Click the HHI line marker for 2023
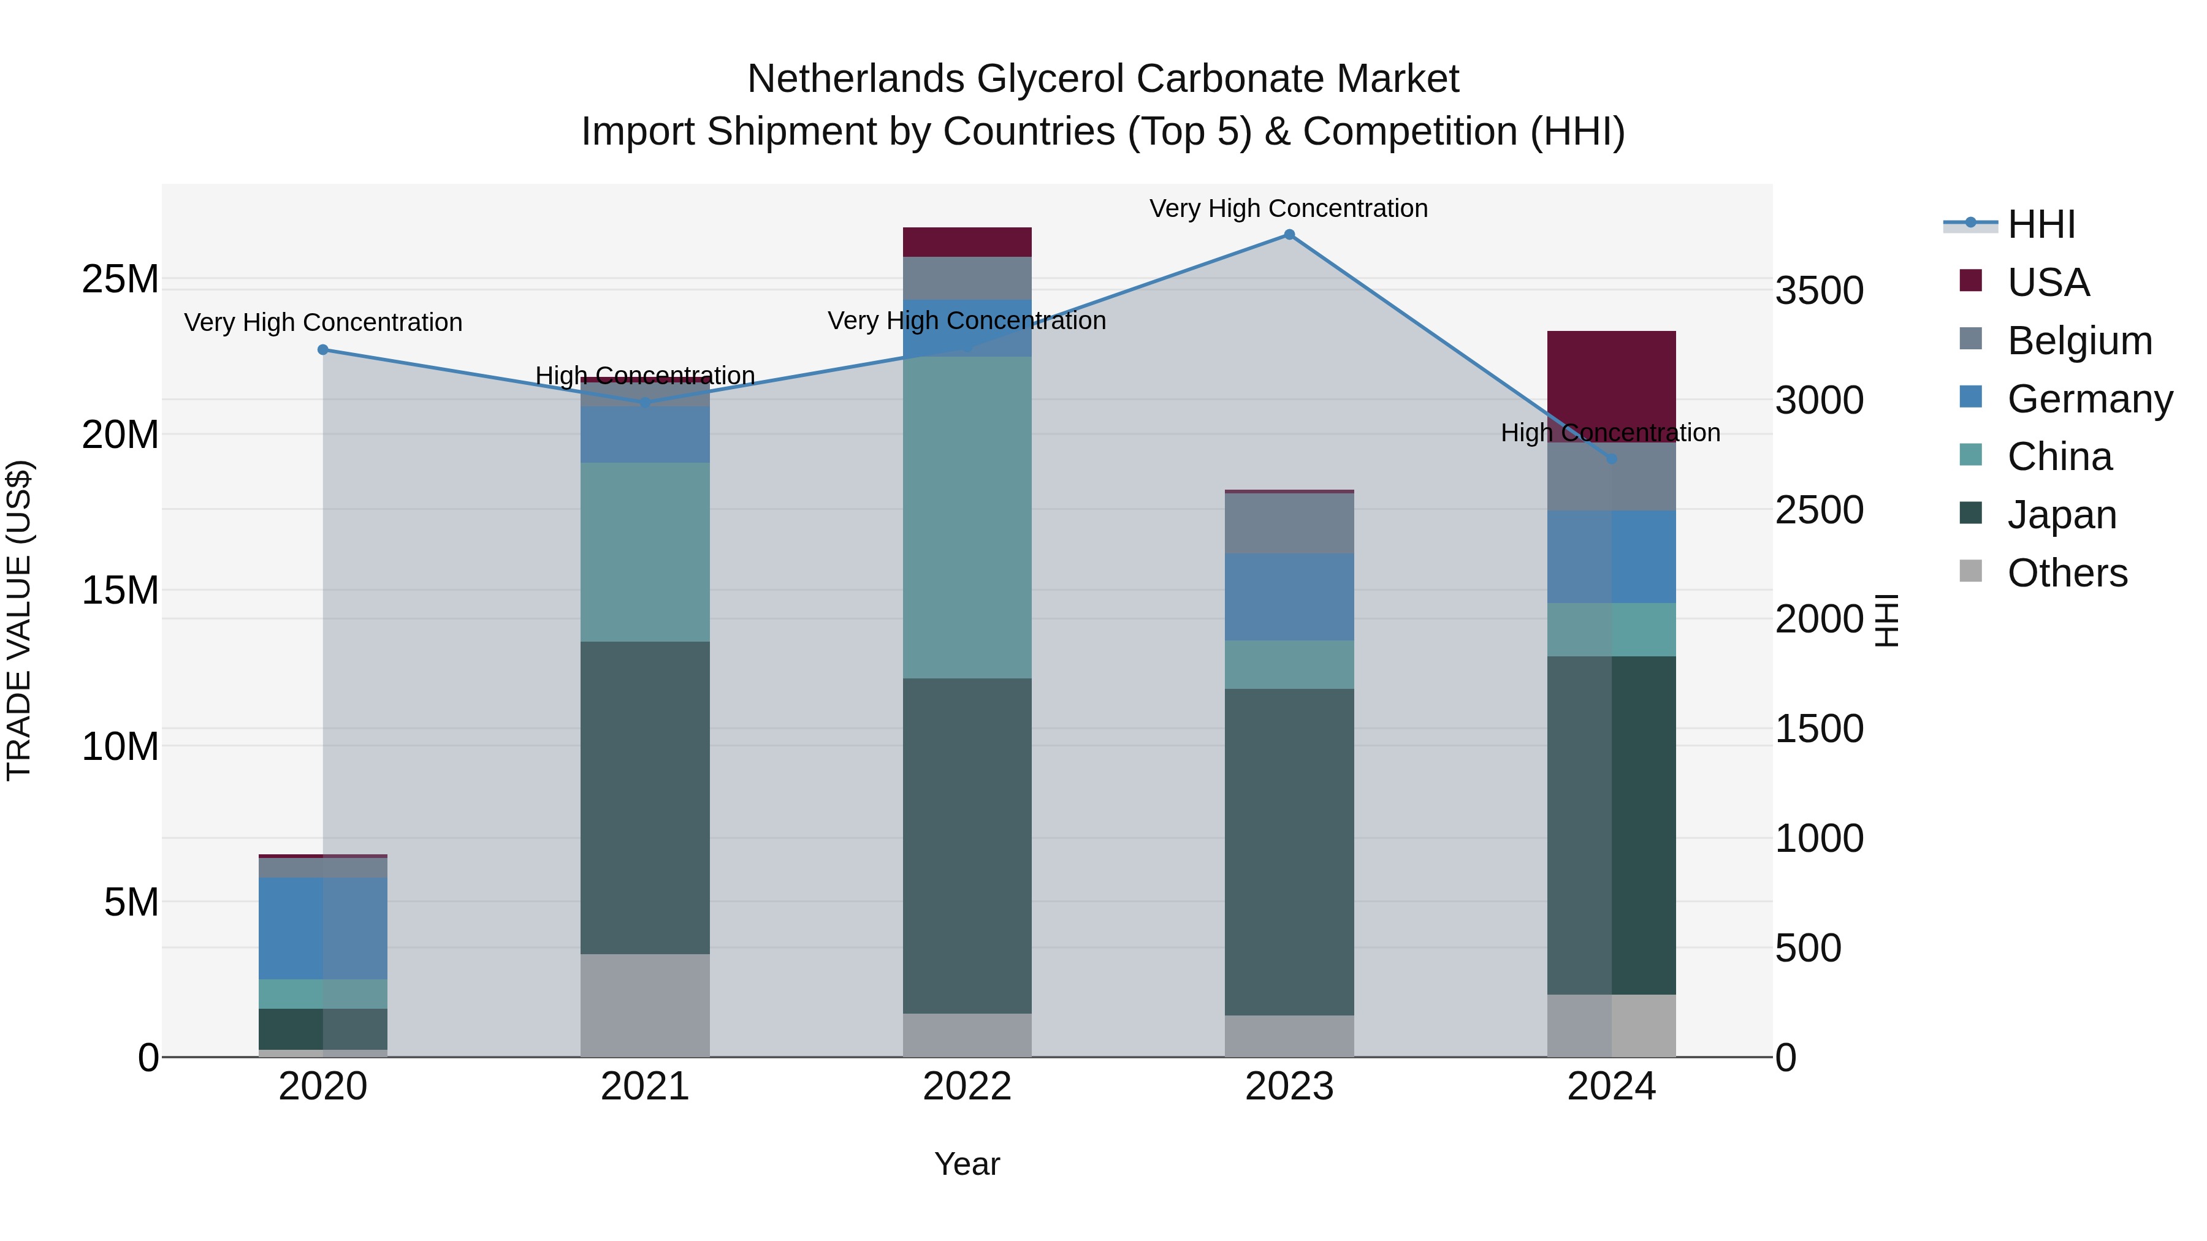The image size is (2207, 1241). tap(1289, 235)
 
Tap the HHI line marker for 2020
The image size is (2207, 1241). tap(323, 349)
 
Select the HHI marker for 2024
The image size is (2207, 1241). tap(1610, 459)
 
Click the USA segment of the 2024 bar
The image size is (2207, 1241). tap(1610, 385)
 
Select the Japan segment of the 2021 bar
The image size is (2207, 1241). tap(644, 797)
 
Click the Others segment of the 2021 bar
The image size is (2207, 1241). tap(644, 1004)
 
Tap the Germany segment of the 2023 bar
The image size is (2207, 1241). tap(1289, 596)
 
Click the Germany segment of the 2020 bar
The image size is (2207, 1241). tap(323, 928)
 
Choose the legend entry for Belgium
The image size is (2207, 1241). tap(2079, 340)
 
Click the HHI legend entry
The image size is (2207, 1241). tap(2041, 224)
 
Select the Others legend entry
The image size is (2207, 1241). tap(2067, 572)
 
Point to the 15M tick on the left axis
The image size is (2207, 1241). tap(120, 590)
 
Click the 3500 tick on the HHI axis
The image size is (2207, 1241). tap(1819, 290)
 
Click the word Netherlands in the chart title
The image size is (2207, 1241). tap(855, 79)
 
